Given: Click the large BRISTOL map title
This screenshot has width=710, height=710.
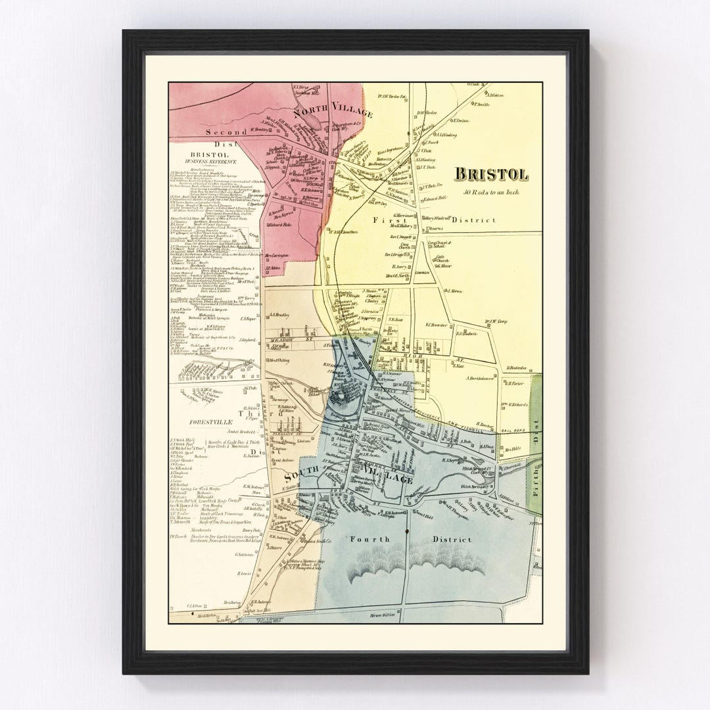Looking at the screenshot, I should [x=491, y=175].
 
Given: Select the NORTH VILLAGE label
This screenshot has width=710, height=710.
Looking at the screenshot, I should [x=333, y=113].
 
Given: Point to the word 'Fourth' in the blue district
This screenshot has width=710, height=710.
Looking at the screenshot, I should [x=369, y=539].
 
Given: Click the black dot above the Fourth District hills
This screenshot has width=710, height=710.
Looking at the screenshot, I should [x=408, y=530].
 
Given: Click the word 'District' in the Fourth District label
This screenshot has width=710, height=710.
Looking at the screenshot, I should [x=452, y=539].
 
